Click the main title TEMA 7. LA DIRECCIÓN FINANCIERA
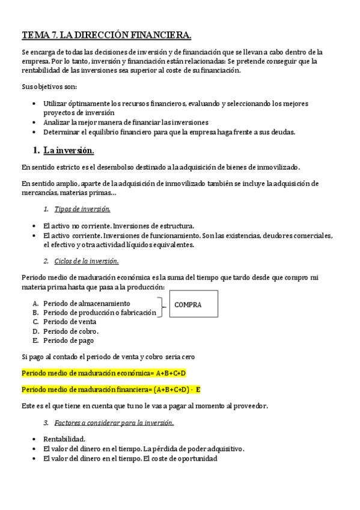(x=107, y=34)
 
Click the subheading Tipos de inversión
(x=82, y=209)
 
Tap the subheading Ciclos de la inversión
(x=86, y=261)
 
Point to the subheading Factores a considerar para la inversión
(x=114, y=423)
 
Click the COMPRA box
(x=194, y=304)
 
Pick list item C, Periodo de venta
(x=70, y=321)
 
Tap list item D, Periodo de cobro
(x=71, y=331)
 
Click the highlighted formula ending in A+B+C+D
(x=104, y=373)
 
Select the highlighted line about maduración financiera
(x=111, y=389)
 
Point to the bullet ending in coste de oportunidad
(x=130, y=459)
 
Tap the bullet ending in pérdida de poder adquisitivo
(x=144, y=449)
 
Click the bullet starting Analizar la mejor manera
(x=126, y=121)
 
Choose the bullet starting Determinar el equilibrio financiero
(x=169, y=132)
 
